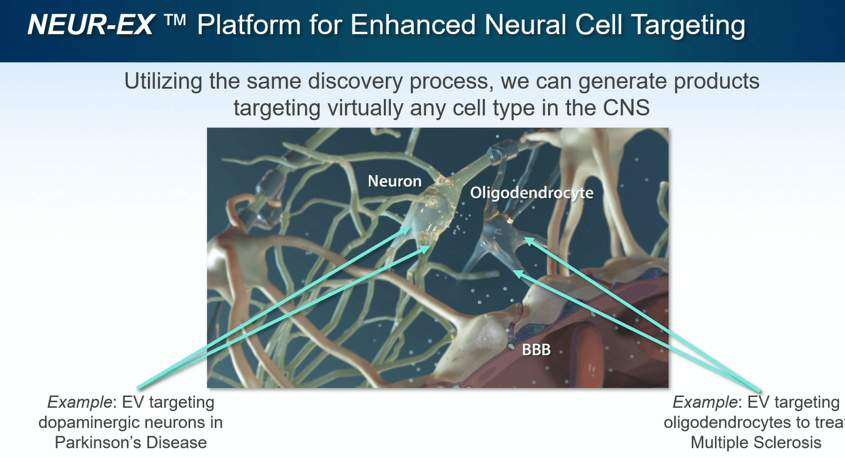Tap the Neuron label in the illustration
click(x=395, y=181)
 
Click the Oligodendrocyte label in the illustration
click(x=532, y=193)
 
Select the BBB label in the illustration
click(x=536, y=351)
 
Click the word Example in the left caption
click(x=72, y=402)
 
